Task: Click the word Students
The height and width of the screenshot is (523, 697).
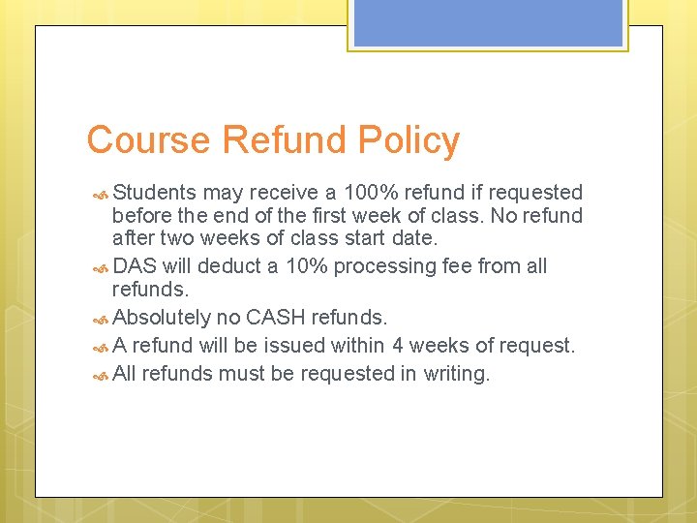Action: coord(155,193)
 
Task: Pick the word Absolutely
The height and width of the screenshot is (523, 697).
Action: coord(162,317)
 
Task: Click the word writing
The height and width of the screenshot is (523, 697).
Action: coord(457,373)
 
